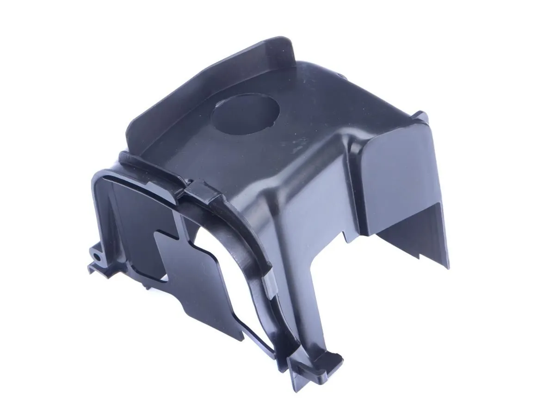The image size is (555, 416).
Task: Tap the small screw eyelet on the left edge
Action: click(x=96, y=255)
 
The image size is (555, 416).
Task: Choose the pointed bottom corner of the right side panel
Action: click(x=448, y=267)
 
